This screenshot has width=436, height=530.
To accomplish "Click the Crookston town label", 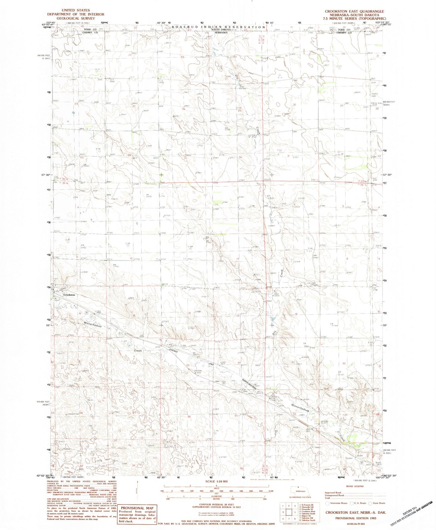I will tap(69, 295).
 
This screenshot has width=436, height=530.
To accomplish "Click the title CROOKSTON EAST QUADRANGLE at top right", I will tap(354, 11).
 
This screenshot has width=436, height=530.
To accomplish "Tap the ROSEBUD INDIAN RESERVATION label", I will tap(218, 27).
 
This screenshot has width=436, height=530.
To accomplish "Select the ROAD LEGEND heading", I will tap(355, 486).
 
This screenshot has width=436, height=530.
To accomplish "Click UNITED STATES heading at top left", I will tap(75, 10).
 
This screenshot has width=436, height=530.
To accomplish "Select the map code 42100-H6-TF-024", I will tap(354, 524).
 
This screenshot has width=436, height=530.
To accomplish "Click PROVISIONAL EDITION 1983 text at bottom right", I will tap(354, 518).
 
